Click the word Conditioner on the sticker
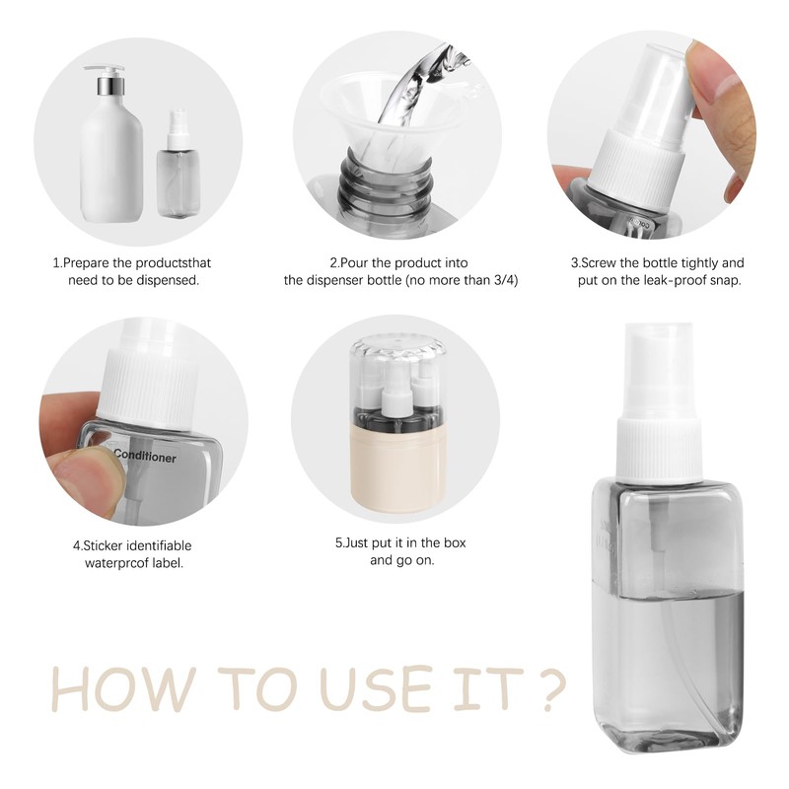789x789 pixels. pyautogui.click(x=145, y=456)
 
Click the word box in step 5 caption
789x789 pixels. pyautogui.click(x=455, y=543)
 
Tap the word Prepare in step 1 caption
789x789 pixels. pyautogui.click(x=86, y=263)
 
